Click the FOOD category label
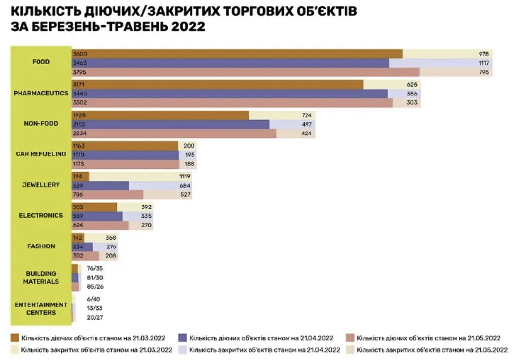click(41, 62)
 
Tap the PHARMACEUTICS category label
click(41, 93)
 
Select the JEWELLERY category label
click(41, 185)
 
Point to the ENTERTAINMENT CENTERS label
click(41, 308)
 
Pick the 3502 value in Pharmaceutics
click(79, 103)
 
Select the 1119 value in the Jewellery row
click(184, 176)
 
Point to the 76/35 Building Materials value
click(95, 268)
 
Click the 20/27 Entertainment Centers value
click(95, 317)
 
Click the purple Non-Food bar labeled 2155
click(171, 124)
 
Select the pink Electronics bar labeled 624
click(100, 226)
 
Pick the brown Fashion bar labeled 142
click(78, 238)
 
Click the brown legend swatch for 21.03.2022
click(14, 338)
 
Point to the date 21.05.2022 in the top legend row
click(483, 338)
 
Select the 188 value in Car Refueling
click(189, 164)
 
